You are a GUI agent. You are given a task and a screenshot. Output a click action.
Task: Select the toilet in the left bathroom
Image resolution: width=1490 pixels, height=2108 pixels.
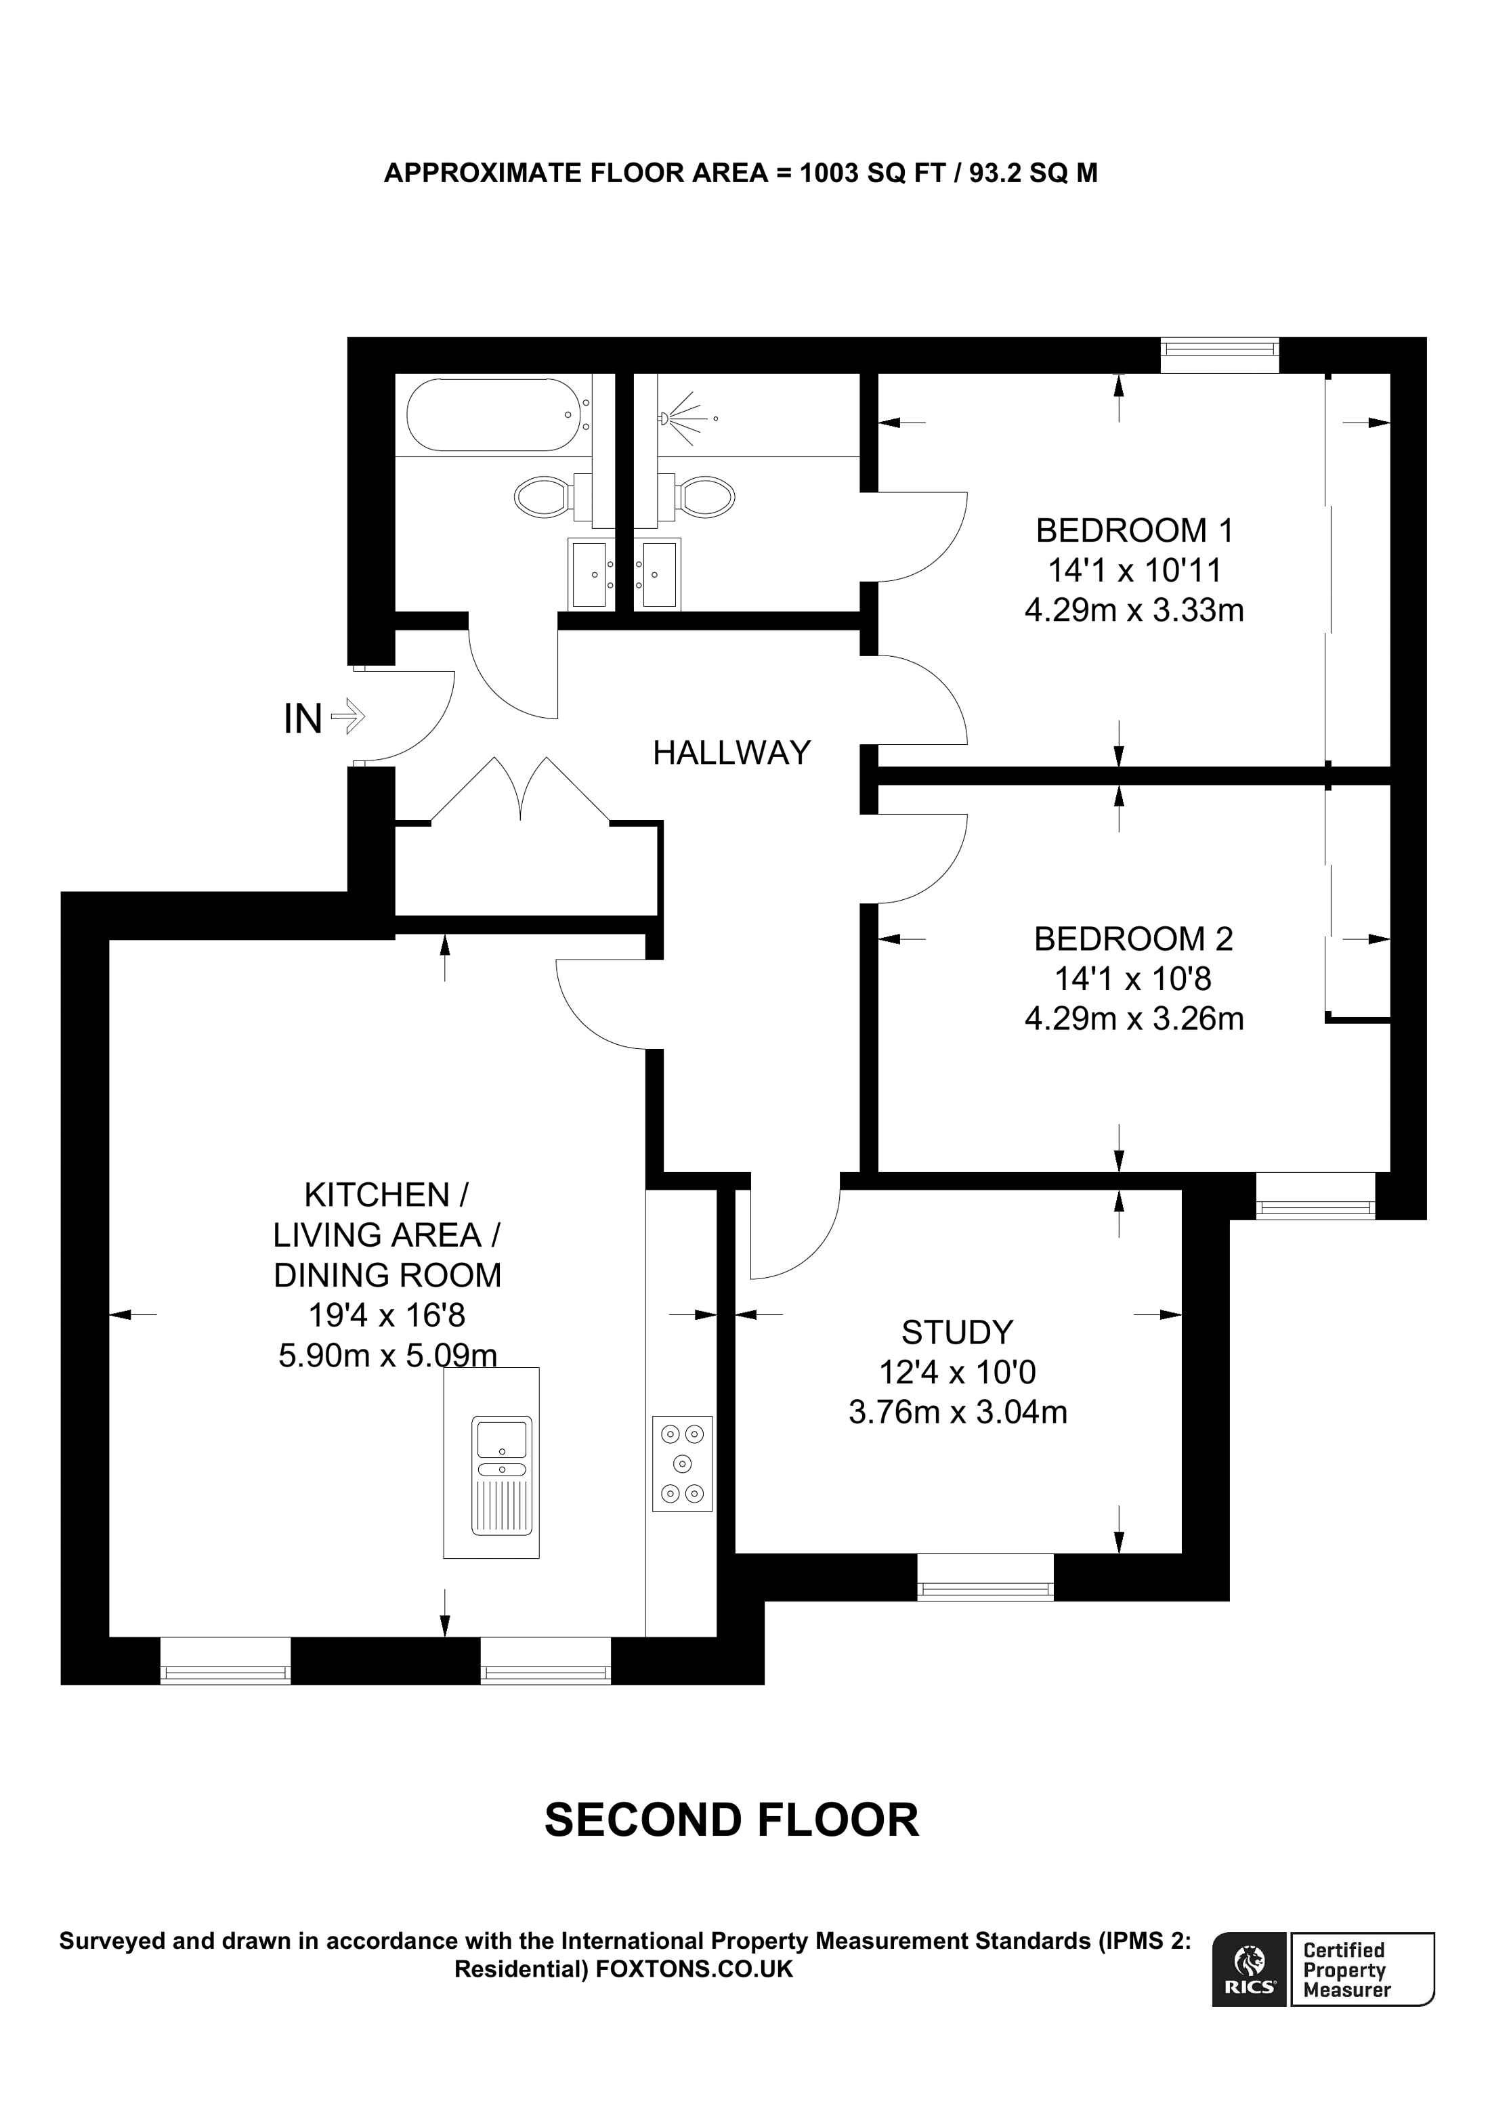pyautogui.click(x=542, y=497)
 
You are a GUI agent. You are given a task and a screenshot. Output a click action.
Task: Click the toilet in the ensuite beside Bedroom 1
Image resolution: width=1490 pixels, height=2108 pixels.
pyautogui.click(x=707, y=497)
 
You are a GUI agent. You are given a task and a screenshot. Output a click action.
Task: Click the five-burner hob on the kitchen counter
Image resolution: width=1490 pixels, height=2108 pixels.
pyautogui.click(x=682, y=1463)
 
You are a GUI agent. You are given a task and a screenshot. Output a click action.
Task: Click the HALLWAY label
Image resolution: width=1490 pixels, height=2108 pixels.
pyautogui.click(x=731, y=753)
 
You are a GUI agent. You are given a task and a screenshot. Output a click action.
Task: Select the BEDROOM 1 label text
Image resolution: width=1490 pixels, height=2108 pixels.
pyautogui.click(x=1134, y=531)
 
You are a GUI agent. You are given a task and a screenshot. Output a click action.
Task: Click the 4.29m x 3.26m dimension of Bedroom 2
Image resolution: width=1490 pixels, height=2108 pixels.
pyautogui.click(x=1134, y=1019)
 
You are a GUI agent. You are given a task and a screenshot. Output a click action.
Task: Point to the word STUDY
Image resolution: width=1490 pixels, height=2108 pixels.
pyautogui.click(x=956, y=1332)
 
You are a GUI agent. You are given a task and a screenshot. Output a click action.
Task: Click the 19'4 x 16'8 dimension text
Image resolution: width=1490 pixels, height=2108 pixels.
pyautogui.click(x=387, y=1316)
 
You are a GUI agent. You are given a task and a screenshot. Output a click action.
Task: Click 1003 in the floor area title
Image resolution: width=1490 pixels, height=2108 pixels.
pyautogui.click(x=830, y=173)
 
